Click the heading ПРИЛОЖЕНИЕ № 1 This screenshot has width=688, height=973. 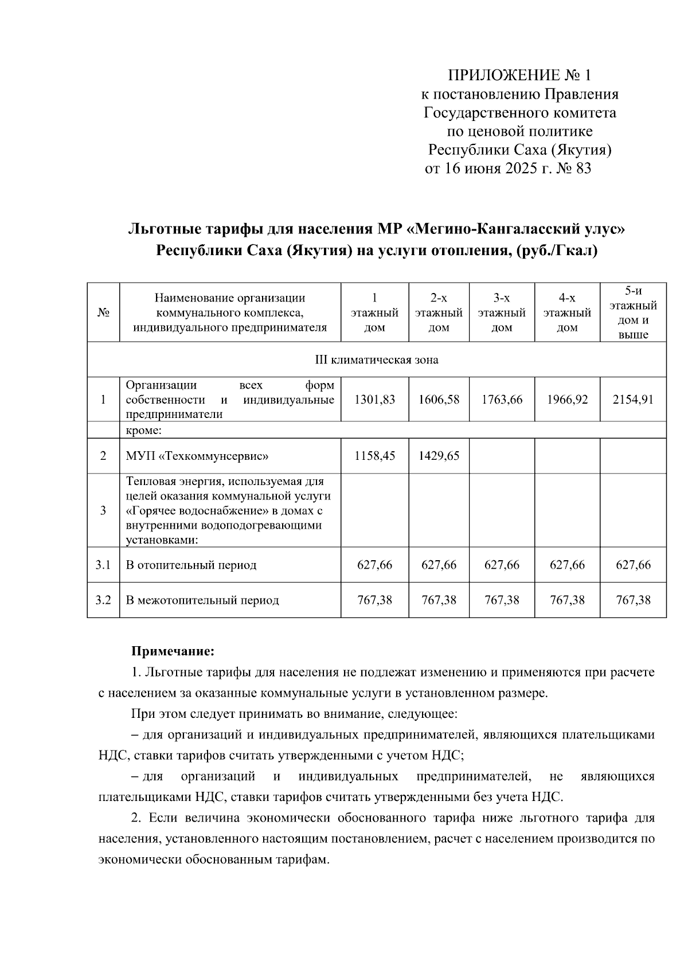(519, 75)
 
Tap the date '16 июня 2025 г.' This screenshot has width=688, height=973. (494, 169)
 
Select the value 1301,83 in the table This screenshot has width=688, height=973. (375, 400)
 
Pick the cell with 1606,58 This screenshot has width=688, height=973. (439, 400)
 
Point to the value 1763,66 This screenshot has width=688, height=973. (502, 400)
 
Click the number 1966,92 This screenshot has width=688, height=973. (567, 400)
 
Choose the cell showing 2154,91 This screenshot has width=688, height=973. (633, 400)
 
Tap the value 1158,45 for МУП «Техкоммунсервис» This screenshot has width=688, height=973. (375, 456)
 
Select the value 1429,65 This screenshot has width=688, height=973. (439, 456)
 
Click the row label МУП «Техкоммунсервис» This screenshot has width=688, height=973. (197, 456)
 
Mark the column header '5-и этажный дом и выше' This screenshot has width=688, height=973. (633, 312)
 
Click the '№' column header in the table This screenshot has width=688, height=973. (103, 313)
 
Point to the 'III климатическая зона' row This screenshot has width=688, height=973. (377, 360)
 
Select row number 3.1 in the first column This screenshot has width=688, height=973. (103, 565)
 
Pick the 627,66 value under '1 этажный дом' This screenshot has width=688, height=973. (375, 565)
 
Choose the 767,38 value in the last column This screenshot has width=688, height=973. (633, 601)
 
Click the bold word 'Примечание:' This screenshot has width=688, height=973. (173, 652)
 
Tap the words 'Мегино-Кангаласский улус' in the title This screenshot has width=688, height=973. (516, 230)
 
